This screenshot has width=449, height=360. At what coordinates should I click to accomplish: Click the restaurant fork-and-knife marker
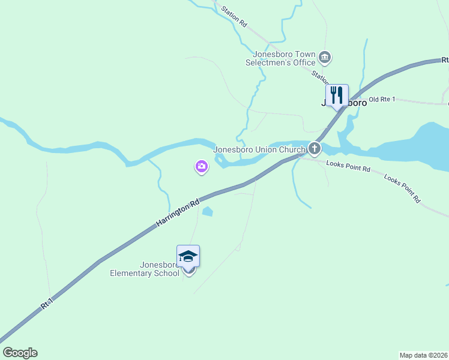point(337,94)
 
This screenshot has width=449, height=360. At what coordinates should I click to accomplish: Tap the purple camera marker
point(202,166)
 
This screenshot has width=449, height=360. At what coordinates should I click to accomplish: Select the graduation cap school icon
point(188,256)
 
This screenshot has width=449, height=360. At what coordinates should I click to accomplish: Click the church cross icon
point(314,149)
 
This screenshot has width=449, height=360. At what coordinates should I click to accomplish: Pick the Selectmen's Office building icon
point(325,58)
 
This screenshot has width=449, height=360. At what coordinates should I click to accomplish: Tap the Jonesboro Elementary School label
point(145,269)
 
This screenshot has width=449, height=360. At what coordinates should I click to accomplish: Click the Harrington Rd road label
point(178,213)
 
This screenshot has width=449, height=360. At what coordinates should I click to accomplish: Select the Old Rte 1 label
point(382,99)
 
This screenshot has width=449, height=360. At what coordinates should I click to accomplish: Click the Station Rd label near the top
point(234,17)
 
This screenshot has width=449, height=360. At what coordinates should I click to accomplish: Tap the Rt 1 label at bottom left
point(47,303)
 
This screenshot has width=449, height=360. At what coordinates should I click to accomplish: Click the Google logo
point(20,353)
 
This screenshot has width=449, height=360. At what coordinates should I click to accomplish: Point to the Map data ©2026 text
point(423,355)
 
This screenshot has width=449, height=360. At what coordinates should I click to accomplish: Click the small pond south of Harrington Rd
point(208,211)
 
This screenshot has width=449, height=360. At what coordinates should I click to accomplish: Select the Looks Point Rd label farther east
point(402,188)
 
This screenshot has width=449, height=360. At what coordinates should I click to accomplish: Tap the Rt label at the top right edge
point(445,60)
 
